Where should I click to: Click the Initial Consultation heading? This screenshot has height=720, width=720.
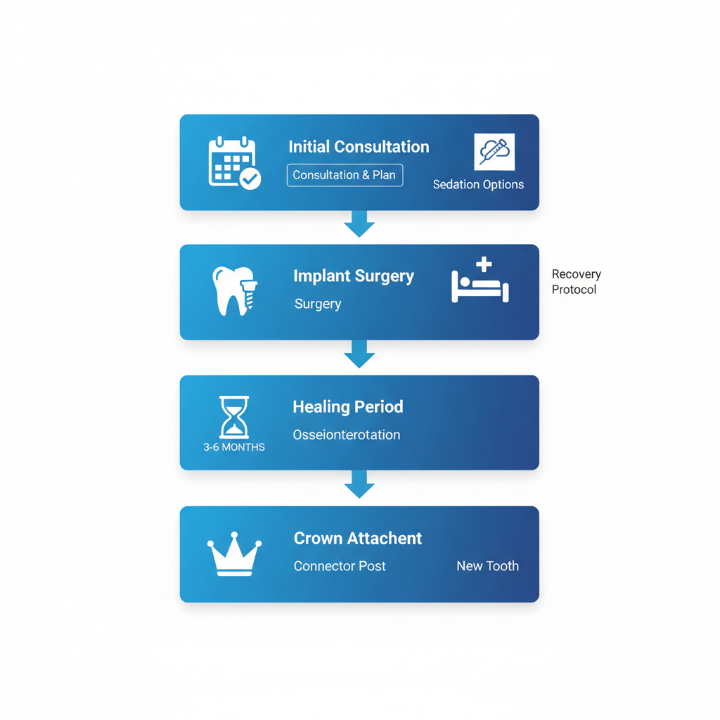point(359,147)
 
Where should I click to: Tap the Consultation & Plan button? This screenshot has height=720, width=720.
point(345,175)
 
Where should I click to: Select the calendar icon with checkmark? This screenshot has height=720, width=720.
point(234,163)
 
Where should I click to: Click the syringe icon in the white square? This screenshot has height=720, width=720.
point(494,152)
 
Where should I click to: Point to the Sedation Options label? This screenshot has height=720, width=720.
point(478,185)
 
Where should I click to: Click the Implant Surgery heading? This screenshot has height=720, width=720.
point(354,276)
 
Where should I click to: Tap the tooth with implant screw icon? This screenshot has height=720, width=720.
point(235,290)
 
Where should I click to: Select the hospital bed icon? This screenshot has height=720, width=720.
point(480,281)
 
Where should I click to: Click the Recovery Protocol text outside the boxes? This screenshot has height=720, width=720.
point(576,282)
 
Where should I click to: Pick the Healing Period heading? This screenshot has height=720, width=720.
point(348,407)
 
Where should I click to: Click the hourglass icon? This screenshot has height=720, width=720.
point(234,417)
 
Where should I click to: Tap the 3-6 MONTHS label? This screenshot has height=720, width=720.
point(234,447)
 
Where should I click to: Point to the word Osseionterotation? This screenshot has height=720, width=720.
point(347,435)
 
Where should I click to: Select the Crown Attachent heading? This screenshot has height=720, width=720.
point(358,539)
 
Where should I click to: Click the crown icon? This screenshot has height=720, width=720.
point(234,555)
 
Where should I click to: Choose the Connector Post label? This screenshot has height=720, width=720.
point(340,566)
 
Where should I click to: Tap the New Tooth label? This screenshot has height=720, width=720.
point(487,566)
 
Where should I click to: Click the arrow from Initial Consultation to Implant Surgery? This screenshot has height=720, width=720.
point(359,224)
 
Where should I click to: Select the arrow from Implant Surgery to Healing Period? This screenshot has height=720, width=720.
point(359,354)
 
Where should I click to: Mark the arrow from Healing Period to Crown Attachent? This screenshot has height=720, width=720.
point(359,484)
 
